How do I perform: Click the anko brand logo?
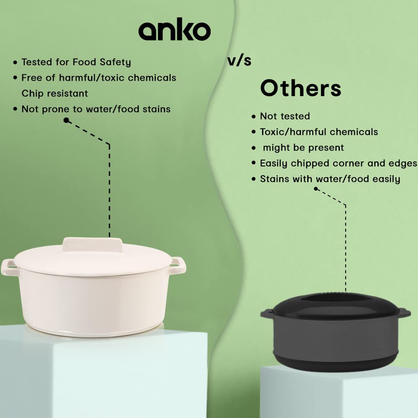[174, 29]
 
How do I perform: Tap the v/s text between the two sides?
[239, 61]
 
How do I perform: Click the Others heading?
[301, 88]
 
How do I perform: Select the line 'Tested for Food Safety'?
[76, 62]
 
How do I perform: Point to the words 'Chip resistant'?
[55, 93]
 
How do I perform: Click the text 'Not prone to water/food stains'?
[96, 109]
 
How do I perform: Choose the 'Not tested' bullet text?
[285, 116]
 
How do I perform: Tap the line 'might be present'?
[303, 148]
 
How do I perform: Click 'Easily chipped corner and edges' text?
[339, 163]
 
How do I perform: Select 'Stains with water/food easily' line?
[330, 179]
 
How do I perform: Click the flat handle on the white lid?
[92, 245]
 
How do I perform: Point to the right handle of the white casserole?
[178, 265]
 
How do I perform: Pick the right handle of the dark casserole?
[405, 313]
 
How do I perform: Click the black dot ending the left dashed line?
[66, 120]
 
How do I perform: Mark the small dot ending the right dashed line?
[316, 189]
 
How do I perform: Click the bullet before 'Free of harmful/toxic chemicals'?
[15, 78]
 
